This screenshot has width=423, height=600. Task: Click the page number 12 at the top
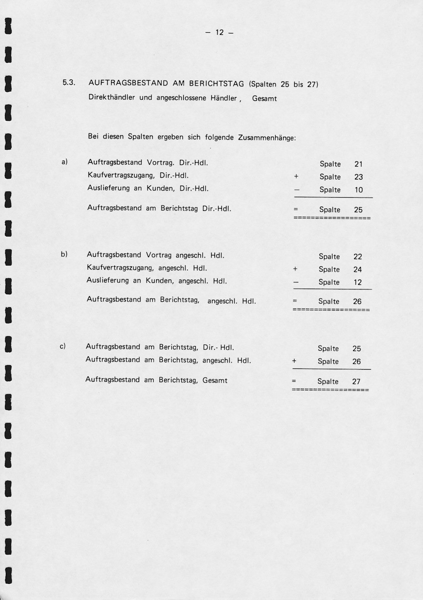coord(219,33)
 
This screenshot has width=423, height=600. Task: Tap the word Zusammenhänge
coord(267,138)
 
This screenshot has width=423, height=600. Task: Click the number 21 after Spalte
coord(358,164)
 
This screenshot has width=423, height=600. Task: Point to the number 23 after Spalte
coord(358,177)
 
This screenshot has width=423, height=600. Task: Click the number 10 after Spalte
coord(358,190)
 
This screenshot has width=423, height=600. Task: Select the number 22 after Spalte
coord(357,257)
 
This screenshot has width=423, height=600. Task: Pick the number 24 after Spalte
coord(357,270)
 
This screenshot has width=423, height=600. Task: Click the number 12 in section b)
coord(357,282)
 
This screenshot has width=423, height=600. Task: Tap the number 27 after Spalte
coord(356,382)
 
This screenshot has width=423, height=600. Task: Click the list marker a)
coord(64,162)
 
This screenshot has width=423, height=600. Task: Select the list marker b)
coord(64,254)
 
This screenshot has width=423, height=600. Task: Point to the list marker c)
coord(63,346)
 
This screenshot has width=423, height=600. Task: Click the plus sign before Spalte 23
coord(296,177)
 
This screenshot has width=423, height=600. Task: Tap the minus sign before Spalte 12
coord(295,282)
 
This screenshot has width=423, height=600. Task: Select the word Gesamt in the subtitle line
coord(264,99)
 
